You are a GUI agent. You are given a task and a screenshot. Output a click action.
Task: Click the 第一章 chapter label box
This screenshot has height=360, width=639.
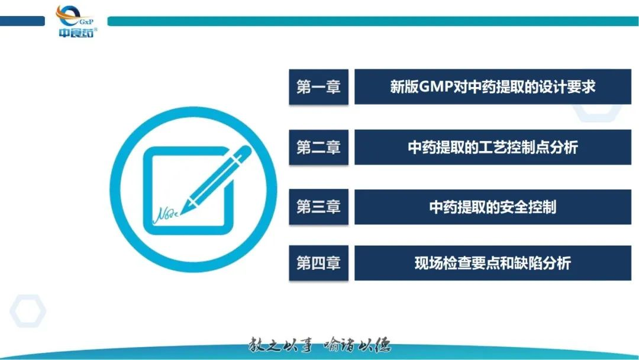pos(319,87)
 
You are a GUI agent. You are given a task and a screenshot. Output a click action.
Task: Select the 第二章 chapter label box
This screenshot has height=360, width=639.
pos(319,147)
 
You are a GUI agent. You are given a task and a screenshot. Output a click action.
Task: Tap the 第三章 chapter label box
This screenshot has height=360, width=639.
pos(319,207)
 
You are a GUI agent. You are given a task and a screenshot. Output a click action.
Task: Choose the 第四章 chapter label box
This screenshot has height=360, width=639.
pos(319,263)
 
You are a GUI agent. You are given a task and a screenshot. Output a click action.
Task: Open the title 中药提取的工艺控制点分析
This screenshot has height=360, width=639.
pos(493,147)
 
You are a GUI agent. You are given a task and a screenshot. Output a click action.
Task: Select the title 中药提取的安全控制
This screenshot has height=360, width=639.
pos(493,207)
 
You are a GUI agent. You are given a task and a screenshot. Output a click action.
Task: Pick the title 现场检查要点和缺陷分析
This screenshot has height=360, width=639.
pos(493,263)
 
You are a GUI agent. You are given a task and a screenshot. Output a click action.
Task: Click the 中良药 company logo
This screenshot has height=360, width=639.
pos(76,21)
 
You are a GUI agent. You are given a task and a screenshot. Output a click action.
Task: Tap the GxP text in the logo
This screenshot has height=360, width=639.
pos(86,22)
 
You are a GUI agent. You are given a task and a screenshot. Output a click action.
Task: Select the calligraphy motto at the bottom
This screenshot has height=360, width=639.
pos(319,345)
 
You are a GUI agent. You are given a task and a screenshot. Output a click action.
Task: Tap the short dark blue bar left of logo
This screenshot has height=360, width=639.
pos(22,21)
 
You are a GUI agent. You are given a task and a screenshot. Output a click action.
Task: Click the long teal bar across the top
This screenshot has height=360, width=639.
pos(373,21)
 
